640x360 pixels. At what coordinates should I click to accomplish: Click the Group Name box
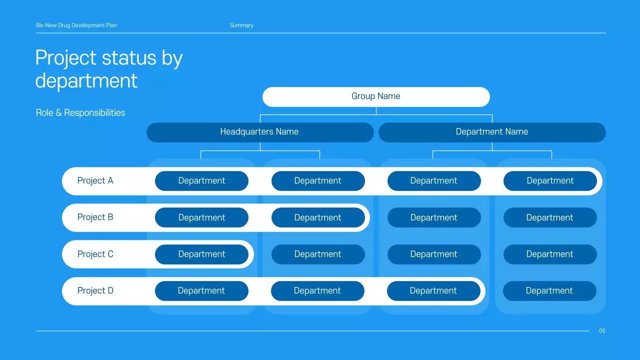tap(376, 96)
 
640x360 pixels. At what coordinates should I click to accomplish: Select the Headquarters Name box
tap(259, 132)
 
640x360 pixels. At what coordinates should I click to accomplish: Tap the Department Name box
tap(492, 132)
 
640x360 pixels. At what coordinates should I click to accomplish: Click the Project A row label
tap(95, 180)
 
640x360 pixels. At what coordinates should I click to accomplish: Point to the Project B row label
tap(95, 217)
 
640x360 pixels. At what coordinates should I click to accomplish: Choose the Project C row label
tap(95, 254)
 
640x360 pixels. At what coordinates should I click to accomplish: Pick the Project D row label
tap(95, 290)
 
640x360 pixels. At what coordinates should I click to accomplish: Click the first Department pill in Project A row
tap(201, 180)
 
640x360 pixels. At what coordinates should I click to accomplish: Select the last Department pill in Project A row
tap(550, 180)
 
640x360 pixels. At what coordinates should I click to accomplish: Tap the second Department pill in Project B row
tap(318, 217)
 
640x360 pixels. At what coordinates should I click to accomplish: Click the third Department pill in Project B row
tap(434, 217)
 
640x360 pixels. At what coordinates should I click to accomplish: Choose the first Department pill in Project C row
tap(201, 254)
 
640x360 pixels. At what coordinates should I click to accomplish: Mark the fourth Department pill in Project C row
tap(550, 254)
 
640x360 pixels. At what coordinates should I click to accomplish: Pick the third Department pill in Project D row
tap(433, 290)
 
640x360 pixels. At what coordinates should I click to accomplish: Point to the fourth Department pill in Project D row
tap(549, 290)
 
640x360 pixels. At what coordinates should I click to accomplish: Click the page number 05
tap(602, 330)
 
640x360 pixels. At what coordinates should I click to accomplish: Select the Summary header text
tap(241, 25)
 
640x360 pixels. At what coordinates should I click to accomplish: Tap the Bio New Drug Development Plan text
tap(76, 25)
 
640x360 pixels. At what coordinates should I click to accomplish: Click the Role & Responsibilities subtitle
tap(80, 112)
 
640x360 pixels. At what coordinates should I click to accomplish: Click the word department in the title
tap(86, 80)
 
